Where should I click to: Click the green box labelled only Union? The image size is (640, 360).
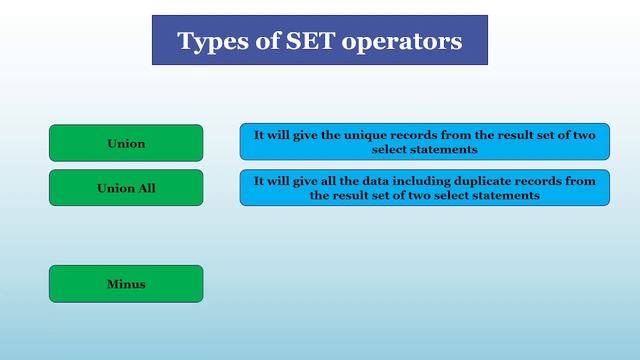click(126, 143)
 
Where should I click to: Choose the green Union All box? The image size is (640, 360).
click(126, 188)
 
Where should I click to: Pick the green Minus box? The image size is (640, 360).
click(126, 284)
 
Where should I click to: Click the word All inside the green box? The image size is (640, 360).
click(145, 188)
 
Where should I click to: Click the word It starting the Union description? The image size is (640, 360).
click(259, 134)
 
